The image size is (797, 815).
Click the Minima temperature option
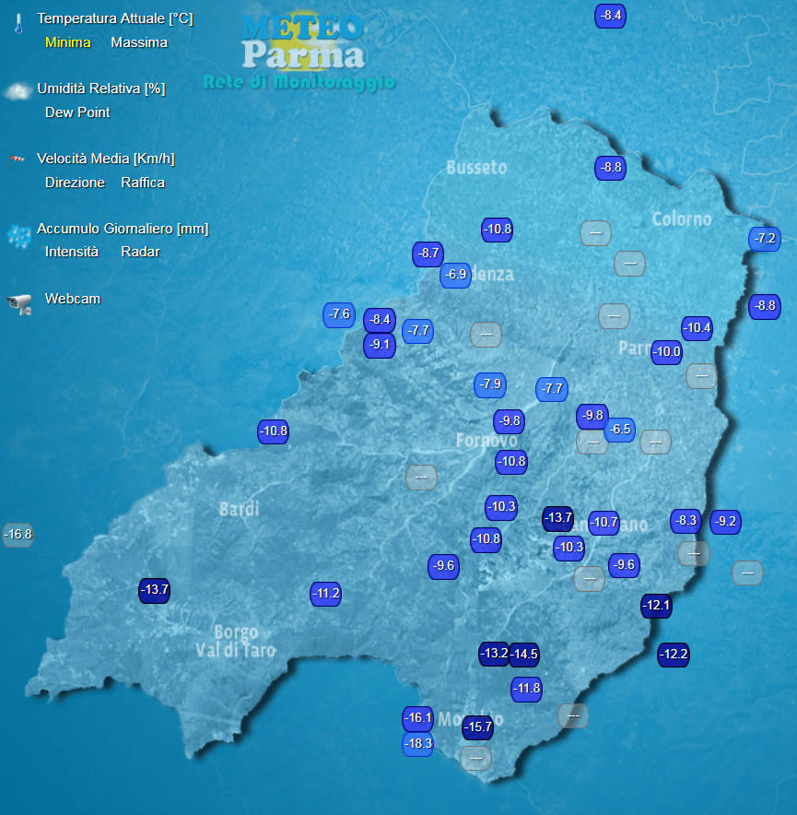(x=67, y=42)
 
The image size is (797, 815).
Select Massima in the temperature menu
(x=139, y=42)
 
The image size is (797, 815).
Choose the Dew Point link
(x=77, y=112)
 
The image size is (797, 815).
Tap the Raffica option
(x=143, y=183)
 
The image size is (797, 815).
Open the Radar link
(x=140, y=252)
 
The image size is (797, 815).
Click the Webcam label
(x=73, y=299)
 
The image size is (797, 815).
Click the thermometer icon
(x=18, y=23)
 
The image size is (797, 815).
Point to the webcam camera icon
(x=19, y=303)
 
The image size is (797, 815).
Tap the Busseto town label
(x=476, y=167)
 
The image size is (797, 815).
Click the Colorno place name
(x=682, y=219)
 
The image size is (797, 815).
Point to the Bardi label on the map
(x=239, y=509)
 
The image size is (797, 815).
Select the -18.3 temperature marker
(x=418, y=744)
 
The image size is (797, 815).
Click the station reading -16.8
(x=18, y=534)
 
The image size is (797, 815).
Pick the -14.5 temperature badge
(x=524, y=655)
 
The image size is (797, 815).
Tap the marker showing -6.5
(x=620, y=429)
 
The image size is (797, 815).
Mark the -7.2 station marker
(x=765, y=239)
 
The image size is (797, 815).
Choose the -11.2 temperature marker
(x=326, y=594)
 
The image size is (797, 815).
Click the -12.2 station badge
(x=674, y=655)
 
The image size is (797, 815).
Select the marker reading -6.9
(x=455, y=275)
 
